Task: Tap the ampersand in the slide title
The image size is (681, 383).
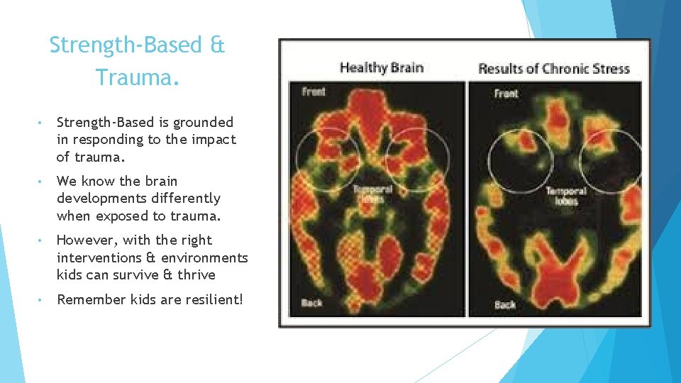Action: coord(217,45)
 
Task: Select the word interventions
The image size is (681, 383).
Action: coord(104,257)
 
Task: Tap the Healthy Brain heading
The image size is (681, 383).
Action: coord(382,68)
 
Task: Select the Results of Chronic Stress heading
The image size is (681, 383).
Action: coord(554,69)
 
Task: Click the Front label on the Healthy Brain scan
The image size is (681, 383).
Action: coord(314,91)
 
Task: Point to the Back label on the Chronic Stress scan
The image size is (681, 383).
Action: coord(504,304)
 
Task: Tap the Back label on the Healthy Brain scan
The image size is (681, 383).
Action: coord(311,303)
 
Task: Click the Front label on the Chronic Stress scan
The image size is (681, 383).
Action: coord(506,94)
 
